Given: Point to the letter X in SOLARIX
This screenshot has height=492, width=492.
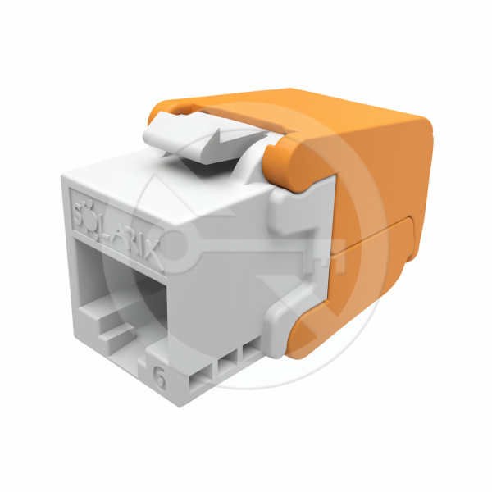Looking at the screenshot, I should pos(158,255).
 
